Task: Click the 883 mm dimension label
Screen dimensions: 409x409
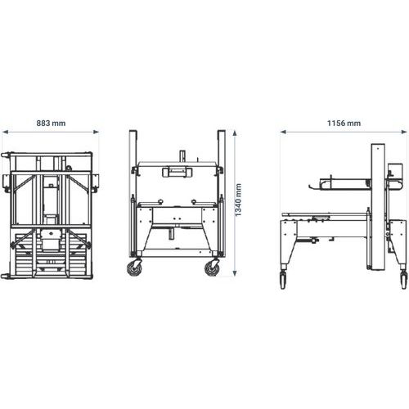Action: [51, 124]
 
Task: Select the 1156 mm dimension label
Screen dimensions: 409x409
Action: [344, 124]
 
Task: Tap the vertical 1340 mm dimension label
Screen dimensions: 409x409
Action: [238, 200]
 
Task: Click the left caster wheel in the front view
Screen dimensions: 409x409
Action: [135, 267]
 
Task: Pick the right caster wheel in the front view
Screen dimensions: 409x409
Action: [212, 267]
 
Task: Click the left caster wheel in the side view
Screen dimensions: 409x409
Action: [284, 280]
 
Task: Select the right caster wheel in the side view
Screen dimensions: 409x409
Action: [403, 280]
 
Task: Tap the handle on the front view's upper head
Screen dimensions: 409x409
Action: [178, 172]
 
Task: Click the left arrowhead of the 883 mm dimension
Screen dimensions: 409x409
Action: [5, 132]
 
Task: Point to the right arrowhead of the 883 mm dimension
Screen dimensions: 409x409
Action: [96, 132]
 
